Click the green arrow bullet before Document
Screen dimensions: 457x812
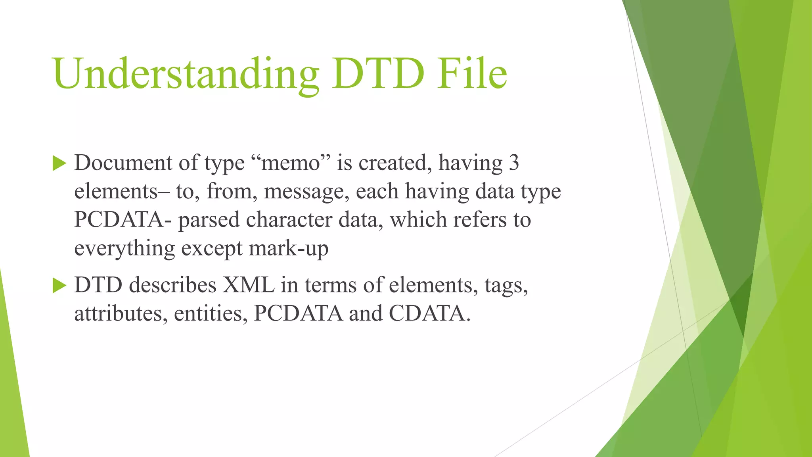pos(59,163)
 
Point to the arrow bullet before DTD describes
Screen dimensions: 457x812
pos(59,285)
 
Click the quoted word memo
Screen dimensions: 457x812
pos(291,163)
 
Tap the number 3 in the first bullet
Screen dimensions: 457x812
pos(513,163)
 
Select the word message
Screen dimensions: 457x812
pos(306,192)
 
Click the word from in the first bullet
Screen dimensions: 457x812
pos(230,191)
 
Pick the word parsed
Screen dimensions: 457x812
pos(209,220)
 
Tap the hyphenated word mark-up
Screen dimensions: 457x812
pos(289,249)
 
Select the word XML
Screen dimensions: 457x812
pos(248,285)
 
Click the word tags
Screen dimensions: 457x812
pos(506,286)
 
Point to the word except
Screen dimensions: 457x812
pos(212,249)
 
